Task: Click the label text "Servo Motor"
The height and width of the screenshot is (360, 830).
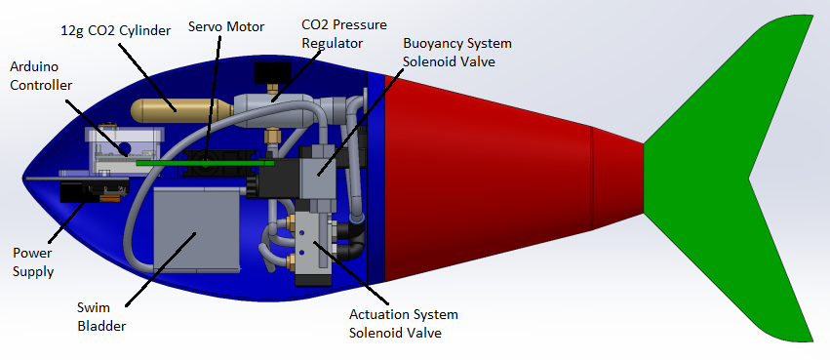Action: click(226, 26)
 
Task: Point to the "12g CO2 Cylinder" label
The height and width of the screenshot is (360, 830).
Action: click(116, 30)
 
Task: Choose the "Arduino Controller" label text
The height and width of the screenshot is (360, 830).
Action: click(41, 76)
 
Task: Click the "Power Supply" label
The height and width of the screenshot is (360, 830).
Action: click(33, 262)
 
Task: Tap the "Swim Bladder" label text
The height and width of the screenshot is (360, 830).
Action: click(101, 317)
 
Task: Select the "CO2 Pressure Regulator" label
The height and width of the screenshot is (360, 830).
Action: click(344, 34)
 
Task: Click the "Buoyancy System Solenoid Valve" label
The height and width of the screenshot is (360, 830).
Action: click(457, 53)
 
